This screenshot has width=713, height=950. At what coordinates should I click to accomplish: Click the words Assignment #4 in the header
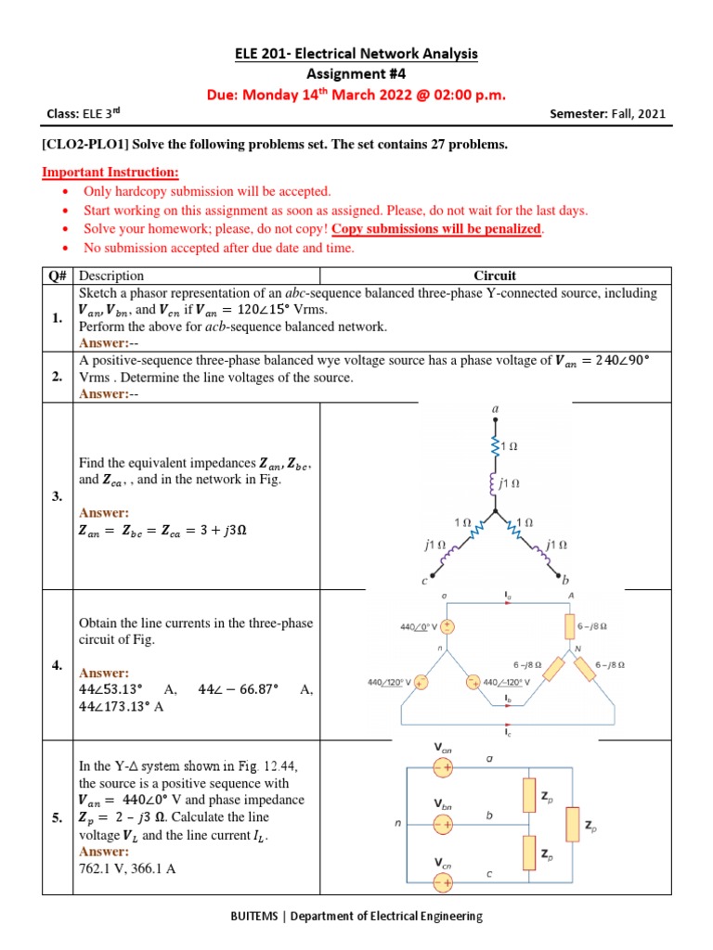[356, 74]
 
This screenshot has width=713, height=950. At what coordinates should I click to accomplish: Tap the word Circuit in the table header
[495, 276]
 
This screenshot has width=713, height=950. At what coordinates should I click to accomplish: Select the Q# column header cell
[58, 276]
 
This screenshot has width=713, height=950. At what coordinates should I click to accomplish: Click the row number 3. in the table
[58, 496]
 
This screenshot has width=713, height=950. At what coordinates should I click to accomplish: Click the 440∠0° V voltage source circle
[447, 627]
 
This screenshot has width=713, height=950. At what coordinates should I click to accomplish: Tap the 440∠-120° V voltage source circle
[473, 684]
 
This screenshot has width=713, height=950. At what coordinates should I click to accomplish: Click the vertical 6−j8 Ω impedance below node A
[569, 627]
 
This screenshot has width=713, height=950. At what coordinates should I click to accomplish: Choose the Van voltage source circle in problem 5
[442, 767]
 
